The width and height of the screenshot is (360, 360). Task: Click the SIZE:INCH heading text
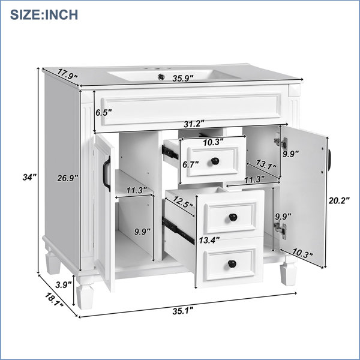click(x=44, y=14)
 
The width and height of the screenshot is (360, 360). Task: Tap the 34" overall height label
click(x=29, y=177)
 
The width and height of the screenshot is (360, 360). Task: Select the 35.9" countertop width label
click(x=183, y=78)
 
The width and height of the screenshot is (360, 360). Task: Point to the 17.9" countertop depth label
click(x=67, y=73)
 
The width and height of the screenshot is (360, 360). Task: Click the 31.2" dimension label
click(x=194, y=124)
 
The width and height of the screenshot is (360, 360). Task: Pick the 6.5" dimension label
click(x=104, y=113)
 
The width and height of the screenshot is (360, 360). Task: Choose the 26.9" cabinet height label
click(x=68, y=178)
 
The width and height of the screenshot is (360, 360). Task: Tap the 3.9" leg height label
click(x=64, y=285)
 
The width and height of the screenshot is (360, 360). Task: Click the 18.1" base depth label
click(x=54, y=299)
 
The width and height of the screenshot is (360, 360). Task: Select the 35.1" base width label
click(x=183, y=311)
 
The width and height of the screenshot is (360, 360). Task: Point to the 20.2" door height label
click(x=339, y=200)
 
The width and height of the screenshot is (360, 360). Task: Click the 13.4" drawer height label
click(x=209, y=240)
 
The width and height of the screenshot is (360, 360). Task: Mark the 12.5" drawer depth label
click(x=183, y=202)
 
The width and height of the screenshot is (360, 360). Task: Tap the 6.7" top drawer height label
click(x=191, y=164)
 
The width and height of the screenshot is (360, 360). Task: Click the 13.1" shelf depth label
click(x=266, y=164)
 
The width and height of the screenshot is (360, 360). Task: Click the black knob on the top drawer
click(x=215, y=161)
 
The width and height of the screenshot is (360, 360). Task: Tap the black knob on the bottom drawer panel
click(x=232, y=264)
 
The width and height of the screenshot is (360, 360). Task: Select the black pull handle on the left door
click(x=107, y=174)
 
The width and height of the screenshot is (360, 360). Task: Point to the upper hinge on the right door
click(x=281, y=143)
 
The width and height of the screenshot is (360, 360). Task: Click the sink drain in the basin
click(x=161, y=77)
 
